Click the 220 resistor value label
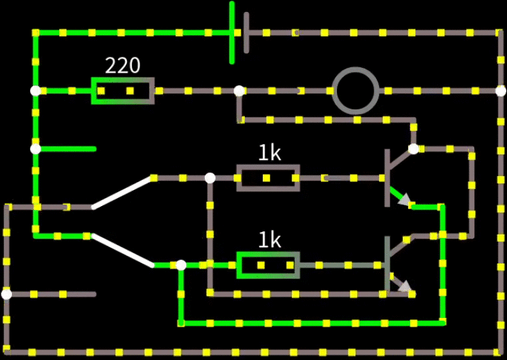pyautogui.click(x=123, y=65)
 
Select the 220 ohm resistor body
pyautogui.click(x=123, y=91)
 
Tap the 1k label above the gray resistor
pyautogui.click(x=270, y=153)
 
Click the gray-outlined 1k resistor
pyautogui.click(x=268, y=178)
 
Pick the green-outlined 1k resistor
pyautogui.click(x=268, y=265)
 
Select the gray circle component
pyautogui.click(x=356, y=90)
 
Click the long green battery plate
pyautogui.click(x=232, y=32)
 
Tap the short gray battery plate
pyautogui.click(x=247, y=32)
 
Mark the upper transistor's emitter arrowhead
pyautogui.click(x=405, y=201)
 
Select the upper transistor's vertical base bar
pyautogui.click(x=387, y=178)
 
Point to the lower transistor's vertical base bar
pyautogui.click(x=387, y=265)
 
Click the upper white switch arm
pyautogui.click(x=122, y=193)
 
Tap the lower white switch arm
pyautogui.click(x=123, y=250)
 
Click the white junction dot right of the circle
pyautogui.click(x=501, y=91)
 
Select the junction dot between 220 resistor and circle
pyautogui.click(x=239, y=91)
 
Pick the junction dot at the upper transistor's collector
pyautogui.click(x=414, y=149)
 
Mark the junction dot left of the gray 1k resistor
pyautogui.click(x=210, y=178)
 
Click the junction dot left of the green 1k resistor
pyautogui.click(x=181, y=265)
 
